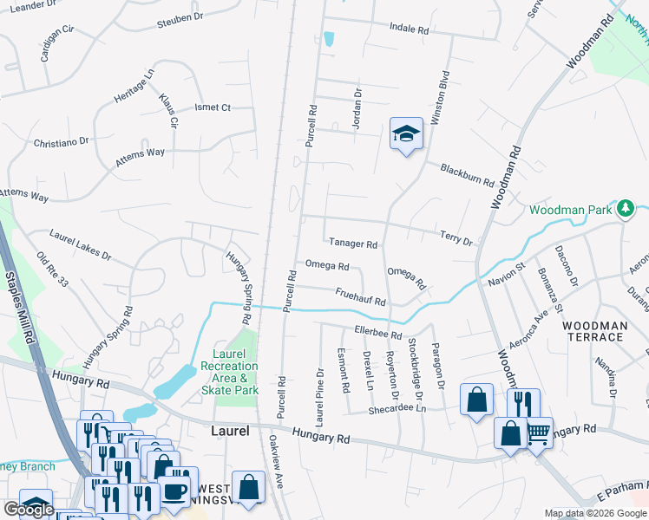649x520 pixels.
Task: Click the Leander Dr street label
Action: click(30, 5)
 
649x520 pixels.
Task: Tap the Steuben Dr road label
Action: click(180, 16)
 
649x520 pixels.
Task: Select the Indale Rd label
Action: click(409, 29)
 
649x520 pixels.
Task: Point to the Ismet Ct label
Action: click(212, 108)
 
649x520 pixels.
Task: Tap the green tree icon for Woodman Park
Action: click(625, 209)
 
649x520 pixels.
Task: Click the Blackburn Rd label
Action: click(466, 176)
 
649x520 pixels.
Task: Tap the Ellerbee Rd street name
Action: click(378, 330)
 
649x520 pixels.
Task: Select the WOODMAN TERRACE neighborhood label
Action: click(594, 331)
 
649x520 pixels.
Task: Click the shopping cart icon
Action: click(539, 431)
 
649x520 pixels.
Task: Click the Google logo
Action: click(29, 510)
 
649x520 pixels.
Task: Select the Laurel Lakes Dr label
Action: click(81, 245)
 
